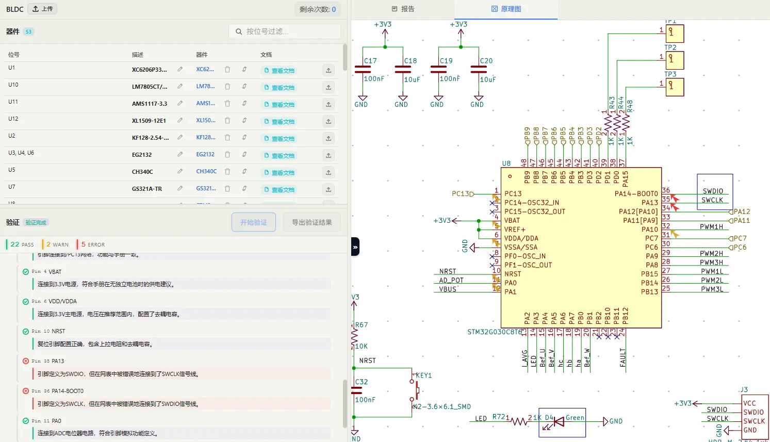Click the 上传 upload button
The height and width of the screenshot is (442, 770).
42,9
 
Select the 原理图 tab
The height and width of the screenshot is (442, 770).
506,9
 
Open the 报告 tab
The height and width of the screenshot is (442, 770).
403,9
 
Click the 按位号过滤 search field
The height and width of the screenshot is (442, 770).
284,31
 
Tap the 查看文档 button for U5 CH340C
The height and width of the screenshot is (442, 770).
279,172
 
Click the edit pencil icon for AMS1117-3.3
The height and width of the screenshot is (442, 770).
180,103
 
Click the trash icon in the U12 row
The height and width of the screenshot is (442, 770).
227,120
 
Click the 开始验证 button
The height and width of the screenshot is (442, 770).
254,222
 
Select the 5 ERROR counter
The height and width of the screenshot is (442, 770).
93,244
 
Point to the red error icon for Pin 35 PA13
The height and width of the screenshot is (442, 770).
26,361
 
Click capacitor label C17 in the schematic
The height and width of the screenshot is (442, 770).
370,61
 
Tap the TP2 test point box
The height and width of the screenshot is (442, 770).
675,60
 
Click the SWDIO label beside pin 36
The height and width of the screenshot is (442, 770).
713,191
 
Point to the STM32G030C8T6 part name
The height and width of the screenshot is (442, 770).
494,332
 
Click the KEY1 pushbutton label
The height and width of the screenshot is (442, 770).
423,375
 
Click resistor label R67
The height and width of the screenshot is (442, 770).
362,325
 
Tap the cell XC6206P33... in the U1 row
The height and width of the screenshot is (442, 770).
149,70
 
